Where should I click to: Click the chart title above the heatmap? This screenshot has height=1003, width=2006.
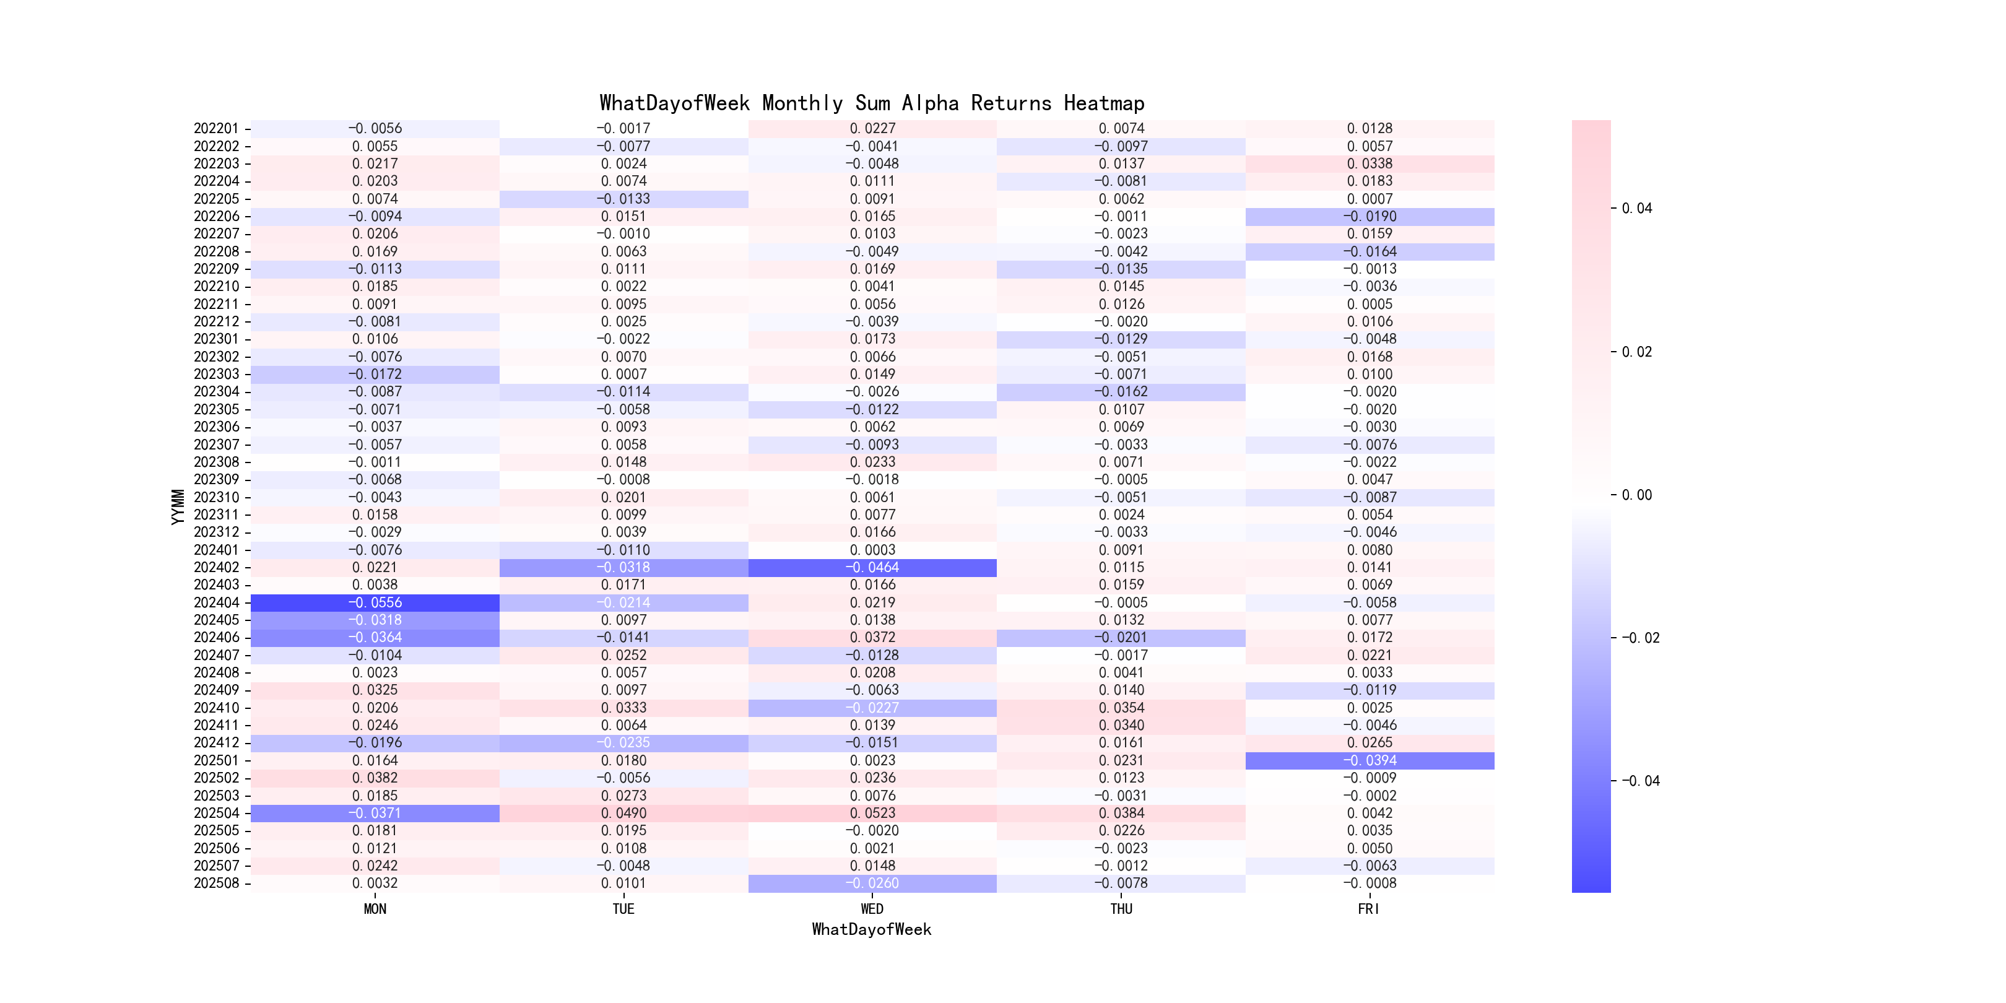(871, 103)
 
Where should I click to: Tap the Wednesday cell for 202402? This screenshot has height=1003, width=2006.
(872, 568)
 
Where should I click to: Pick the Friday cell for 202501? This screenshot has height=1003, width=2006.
(1370, 761)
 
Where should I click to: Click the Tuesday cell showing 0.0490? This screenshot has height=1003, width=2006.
(623, 813)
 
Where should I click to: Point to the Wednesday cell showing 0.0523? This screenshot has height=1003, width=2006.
(872, 813)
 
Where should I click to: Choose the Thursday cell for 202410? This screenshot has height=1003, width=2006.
(1121, 708)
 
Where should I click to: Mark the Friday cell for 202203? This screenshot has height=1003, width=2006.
(1370, 163)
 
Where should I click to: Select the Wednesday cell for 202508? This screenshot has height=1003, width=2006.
(872, 883)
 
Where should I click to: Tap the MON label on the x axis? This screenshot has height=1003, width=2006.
(375, 909)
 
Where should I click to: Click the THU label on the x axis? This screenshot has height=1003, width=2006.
(1121, 909)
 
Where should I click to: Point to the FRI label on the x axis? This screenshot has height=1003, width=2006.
(1368, 909)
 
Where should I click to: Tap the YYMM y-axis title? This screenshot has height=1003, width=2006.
(178, 506)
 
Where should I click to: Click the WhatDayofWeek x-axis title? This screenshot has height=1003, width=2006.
(871, 929)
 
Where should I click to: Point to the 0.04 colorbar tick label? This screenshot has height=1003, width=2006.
(1636, 209)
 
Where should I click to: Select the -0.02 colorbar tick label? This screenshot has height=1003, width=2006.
(1640, 638)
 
